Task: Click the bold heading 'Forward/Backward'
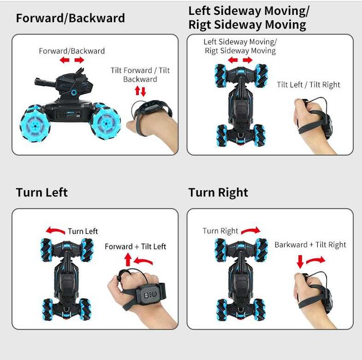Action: [70, 18]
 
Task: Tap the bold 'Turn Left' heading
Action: [42, 192]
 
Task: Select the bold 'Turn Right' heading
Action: [218, 192]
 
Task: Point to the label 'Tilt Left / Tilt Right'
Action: [309, 85]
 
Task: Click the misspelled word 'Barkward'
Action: [291, 245]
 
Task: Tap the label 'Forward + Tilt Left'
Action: [135, 247]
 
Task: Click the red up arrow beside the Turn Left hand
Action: [128, 259]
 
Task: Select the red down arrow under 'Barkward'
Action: [300, 261]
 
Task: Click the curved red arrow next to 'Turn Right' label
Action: [251, 230]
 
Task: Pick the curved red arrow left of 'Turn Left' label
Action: [55, 230]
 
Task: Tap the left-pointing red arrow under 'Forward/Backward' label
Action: [65, 60]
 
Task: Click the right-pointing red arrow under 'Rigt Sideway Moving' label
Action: [247, 60]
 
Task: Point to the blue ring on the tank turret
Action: [74, 93]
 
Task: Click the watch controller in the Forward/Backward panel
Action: [153, 108]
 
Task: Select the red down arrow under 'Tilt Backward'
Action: [143, 92]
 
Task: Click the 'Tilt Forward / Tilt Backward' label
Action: [140, 75]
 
